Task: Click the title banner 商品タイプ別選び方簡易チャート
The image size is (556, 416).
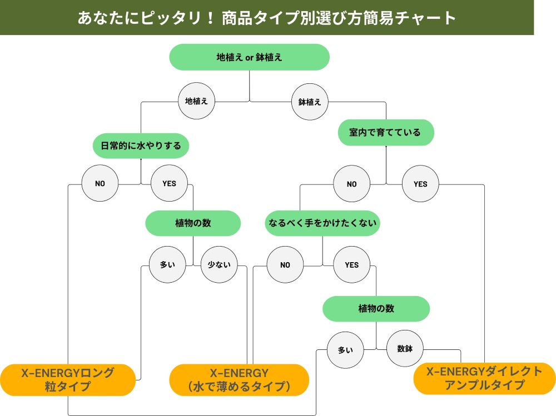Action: [x=267, y=18]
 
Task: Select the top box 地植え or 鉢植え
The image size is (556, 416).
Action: [x=249, y=57]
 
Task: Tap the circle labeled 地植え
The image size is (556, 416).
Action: [x=196, y=102]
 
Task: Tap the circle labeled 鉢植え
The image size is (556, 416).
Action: [x=310, y=102]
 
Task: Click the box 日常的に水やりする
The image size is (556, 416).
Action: [x=141, y=147]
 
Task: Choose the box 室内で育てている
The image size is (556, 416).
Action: [x=385, y=133]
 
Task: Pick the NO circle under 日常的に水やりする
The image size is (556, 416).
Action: [x=100, y=183]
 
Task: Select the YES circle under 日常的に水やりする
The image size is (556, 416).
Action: [x=169, y=183]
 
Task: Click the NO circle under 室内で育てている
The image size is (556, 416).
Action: [x=351, y=184]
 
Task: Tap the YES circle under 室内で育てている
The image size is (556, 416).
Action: [x=420, y=184]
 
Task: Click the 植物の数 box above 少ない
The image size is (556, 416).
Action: [x=193, y=223]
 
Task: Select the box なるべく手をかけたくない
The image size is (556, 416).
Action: [x=322, y=223]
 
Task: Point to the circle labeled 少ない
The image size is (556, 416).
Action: [x=219, y=265]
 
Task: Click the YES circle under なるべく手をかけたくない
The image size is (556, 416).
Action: [x=351, y=265]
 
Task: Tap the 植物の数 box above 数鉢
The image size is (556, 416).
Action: [x=376, y=309]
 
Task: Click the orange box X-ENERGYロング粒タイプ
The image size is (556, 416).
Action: [x=67, y=379]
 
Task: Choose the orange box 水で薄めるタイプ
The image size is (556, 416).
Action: [x=239, y=380]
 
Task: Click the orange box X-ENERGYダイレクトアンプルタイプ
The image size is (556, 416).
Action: [x=484, y=378]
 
